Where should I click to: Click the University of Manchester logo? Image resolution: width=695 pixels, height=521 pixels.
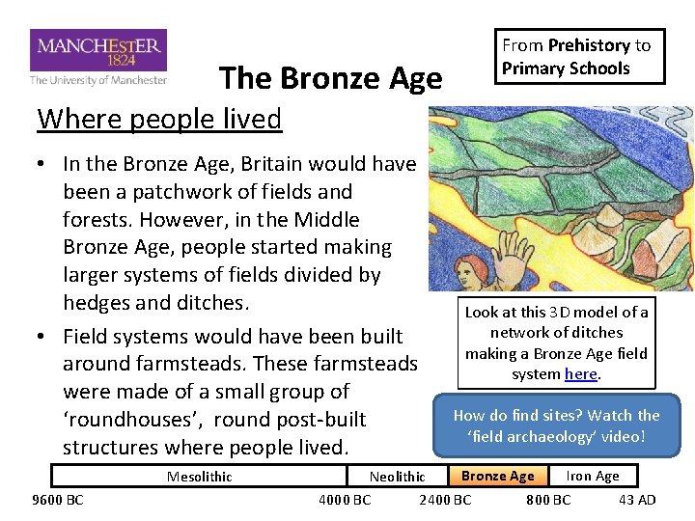click(98, 57)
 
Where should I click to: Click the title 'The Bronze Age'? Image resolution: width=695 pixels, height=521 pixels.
click(330, 79)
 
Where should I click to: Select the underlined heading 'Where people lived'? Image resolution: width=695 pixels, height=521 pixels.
click(159, 119)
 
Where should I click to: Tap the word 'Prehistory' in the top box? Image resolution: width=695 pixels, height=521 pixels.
click(589, 45)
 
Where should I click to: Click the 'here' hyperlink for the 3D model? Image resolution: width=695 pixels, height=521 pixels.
click(580, 373)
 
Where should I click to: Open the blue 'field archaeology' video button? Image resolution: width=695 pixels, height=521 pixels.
click(556, 425)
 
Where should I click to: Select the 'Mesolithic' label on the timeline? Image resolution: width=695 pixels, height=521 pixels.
click(199, 476)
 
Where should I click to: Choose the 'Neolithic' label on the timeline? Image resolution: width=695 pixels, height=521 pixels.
click(397, 476)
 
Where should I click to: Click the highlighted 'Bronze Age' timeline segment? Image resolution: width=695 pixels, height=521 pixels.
click(497, 476)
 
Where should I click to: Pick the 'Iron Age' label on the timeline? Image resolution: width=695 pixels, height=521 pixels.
click(592, 476)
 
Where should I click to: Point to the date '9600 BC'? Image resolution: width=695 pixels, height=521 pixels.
click(58, 499)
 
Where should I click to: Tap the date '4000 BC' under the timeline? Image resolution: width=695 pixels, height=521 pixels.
click(345, 499)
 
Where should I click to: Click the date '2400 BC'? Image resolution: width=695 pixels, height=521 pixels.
click(445, 499)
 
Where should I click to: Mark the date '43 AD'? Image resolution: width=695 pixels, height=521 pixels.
click(637, 499)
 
